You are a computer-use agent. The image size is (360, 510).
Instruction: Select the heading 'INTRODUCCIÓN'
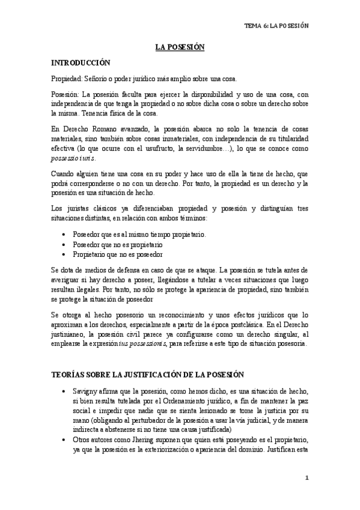tap(81, 62)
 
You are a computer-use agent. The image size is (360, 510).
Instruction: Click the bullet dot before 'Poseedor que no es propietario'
tap(64, 245)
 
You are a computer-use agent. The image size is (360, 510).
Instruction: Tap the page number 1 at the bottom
tap(306, 478)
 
